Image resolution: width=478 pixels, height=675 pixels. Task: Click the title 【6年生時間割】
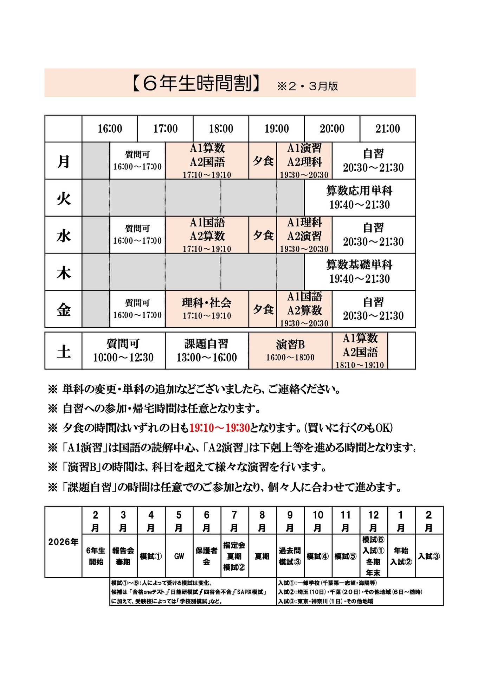(x=197, y=84)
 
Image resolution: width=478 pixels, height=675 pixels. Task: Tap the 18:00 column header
(x=221, y=129)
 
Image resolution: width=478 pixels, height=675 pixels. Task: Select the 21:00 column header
(x=387, y=129)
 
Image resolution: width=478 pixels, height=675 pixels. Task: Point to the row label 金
(x=64, y=309)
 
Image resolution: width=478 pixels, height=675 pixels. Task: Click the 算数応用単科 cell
(x=359, y=198)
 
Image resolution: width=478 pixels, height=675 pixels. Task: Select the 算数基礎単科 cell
(x=359, y=272)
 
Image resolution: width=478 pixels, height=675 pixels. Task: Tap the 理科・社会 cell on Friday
(x=207, y=309)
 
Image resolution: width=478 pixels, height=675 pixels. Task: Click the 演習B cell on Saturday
(x=290, y=351)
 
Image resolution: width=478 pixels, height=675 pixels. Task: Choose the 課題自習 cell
(x=207, y=351)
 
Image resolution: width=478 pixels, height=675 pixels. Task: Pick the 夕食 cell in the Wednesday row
(x=263, y=235)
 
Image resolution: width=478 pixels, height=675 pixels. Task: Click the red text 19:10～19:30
(x=219, y=428)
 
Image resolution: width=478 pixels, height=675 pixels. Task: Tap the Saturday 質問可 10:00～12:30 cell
(x=123, y=351)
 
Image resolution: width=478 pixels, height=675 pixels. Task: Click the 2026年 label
(x=63, y=542)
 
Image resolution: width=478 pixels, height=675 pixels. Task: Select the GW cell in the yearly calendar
(x=179, y=556)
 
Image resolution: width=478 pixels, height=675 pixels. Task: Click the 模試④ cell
(x=317, y=556)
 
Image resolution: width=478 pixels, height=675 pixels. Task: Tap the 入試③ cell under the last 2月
(x=429, y=556)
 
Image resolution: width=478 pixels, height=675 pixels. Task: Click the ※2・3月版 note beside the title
(x=308, y=86)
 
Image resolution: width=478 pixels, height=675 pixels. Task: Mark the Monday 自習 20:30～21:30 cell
(x=373, y=161)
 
